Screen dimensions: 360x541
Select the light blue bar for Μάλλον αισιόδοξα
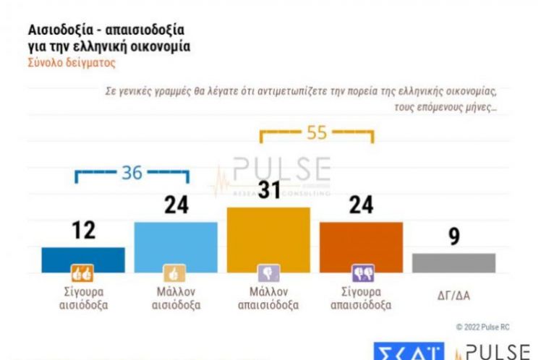(x=176, y=247)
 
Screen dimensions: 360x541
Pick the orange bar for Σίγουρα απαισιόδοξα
(x=361, y=247)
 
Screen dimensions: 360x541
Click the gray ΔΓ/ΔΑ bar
(x=453, y=263)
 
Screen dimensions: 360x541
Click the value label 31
(x=268, y=192)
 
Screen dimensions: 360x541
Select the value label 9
(x=453, y=237)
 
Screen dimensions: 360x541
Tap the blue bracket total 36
(x=132, y=173)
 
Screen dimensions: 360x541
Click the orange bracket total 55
(x=317, y=133)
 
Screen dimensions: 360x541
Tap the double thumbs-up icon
(x=82, y=273)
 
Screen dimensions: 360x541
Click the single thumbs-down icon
(x=268, y=273)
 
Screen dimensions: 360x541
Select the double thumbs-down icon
(x=361, y=273)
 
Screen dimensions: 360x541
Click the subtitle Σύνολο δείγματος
(x=71, y=63)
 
